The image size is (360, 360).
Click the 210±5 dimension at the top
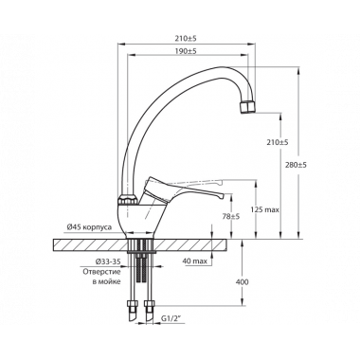[x=186, y=39]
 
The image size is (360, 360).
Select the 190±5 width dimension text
[x=186, y=51]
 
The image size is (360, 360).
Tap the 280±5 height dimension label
[x=297, y=165]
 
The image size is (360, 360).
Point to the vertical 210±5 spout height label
[x=278, y=142]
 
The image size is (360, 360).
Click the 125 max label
[x=265, y=209]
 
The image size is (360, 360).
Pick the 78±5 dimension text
[x=231, y=216]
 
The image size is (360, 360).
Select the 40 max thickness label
[x=194, y=261]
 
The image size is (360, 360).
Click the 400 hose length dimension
[x=243, y=282]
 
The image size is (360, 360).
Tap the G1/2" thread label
[x=172, y=319]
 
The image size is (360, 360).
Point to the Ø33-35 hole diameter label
[x=108, y=261]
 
